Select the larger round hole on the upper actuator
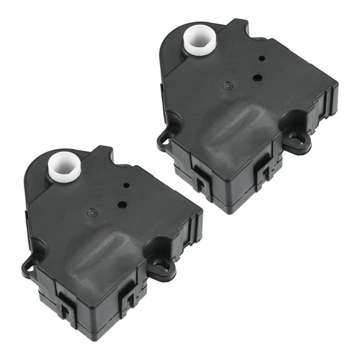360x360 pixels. click(x=257, y=77)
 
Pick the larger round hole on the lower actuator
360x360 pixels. click(x=122, y=204)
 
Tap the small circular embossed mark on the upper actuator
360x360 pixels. click(x=227, y=86)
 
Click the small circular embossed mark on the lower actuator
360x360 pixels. click(x=92, y=212)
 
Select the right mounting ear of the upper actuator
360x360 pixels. click(x=299, y=140)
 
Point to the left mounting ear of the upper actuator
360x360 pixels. click(x=164, y=138)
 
